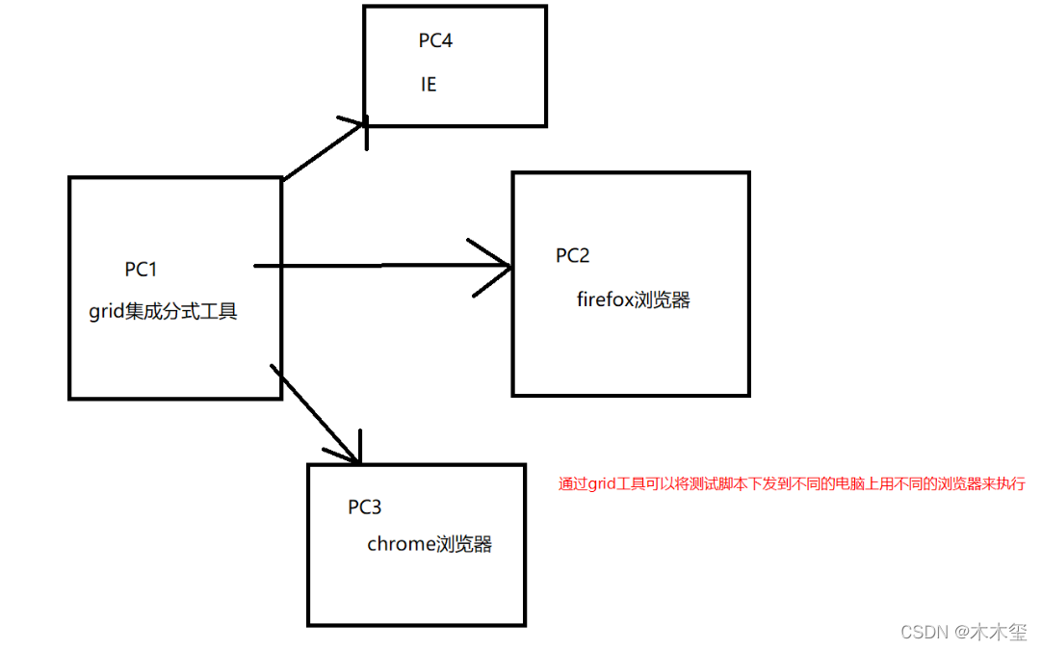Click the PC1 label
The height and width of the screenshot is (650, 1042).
pyautogui.click(x=141, y=270)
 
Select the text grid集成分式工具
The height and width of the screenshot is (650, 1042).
pyautogui.click(x=163, y=312)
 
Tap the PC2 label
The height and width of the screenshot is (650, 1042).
pyautogui.click(x=572, y=255)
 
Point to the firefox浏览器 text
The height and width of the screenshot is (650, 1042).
pyautogui.click(x=634, y=299)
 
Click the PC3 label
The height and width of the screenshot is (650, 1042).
pyautogui.click(x=365, y=507)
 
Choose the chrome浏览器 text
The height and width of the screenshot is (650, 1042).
pyautogui.click(x=430, y=544)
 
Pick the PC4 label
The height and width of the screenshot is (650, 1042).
pyautogui.click(x=435, y=41)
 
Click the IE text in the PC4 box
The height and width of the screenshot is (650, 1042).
pyautogui.click(x=429, y=85)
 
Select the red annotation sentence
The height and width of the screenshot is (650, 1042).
pyautogui.click(x=792, y=484)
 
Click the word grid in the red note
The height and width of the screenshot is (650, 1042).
pyautogui.click(x=600, y=484)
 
